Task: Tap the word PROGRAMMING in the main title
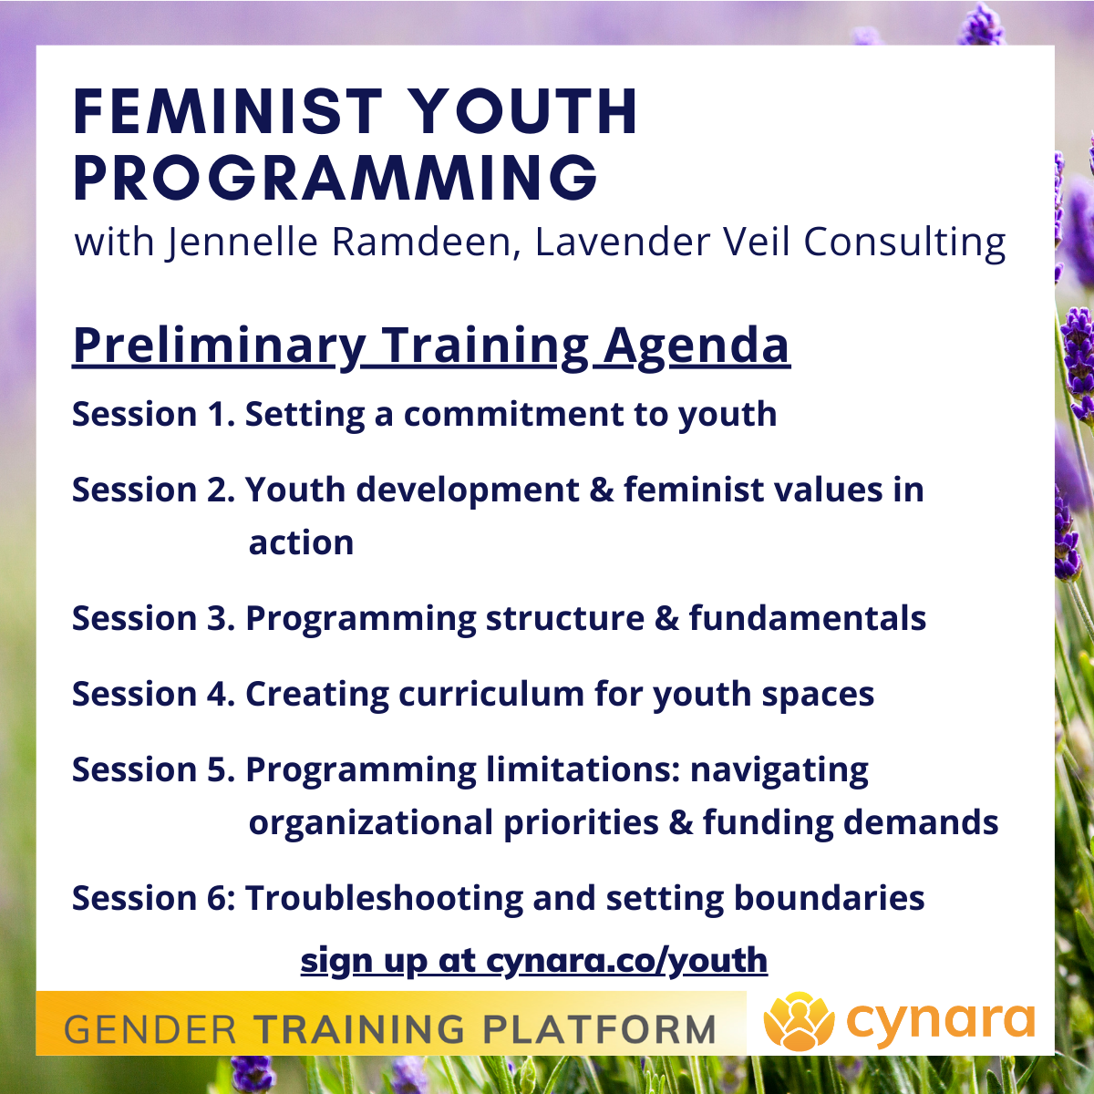pyautogui.click(x=335, y=178)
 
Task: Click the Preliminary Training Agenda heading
pyautogui.click(x=430, y=346)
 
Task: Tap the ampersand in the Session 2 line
pyautogui.click(x=602, y=490)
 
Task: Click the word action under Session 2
pyautogui.click(x=301, y=543)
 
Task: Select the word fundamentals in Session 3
pyautogui.click(x=807, y=619)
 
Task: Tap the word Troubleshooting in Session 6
pyautogui.click(x=384, y=899)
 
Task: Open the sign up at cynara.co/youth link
pyautogui.click(x=533, y=960)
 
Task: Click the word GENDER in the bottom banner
pyautogui.click(x=150, y=1030)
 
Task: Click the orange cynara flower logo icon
pyautogui.click(x=799, y=1021)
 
